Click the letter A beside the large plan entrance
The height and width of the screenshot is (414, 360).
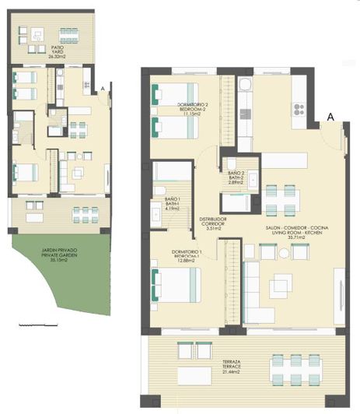point(330,117)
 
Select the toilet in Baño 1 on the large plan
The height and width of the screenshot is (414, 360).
point(158,191)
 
